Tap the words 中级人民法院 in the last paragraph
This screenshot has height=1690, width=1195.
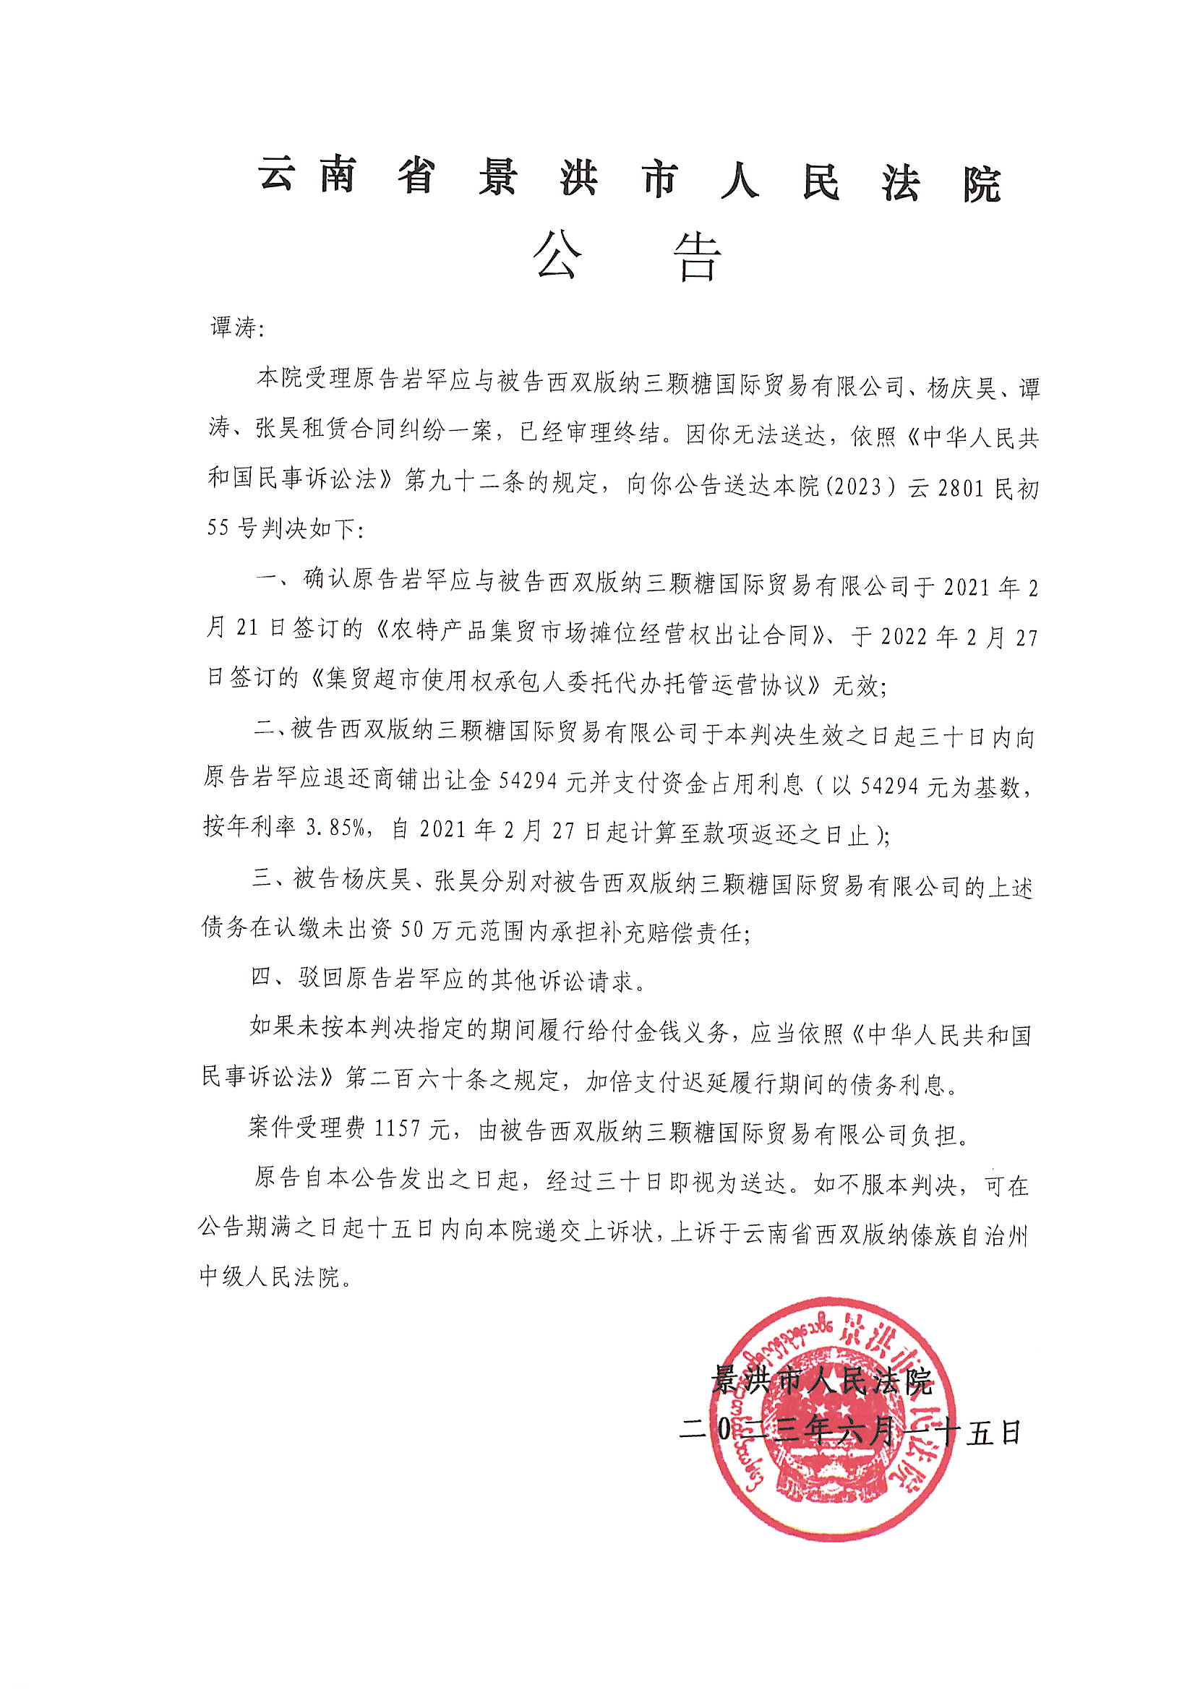270,1277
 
